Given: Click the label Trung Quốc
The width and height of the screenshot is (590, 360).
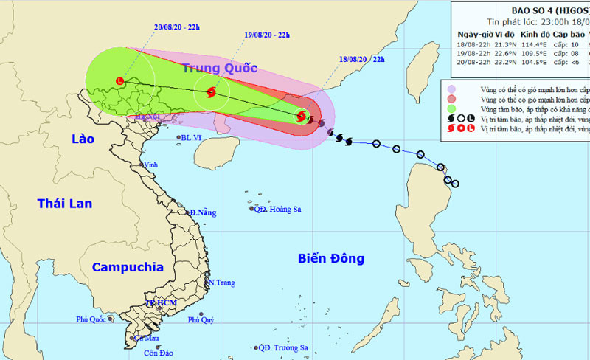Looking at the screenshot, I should point(220,69).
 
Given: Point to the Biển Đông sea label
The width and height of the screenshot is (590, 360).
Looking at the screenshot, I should point(331,258).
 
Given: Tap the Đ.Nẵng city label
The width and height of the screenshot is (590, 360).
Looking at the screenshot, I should point(202,212).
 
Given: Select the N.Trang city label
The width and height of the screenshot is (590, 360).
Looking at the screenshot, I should point(221,283).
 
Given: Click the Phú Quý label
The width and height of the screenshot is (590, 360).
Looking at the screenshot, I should point(201,319).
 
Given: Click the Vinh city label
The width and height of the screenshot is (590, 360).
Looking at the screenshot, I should point(150,165).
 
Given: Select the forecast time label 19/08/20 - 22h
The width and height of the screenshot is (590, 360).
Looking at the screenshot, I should point(267,35).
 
